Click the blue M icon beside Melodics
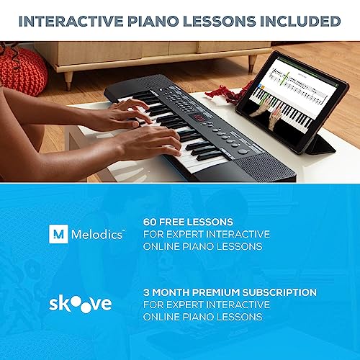click(58, 235)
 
